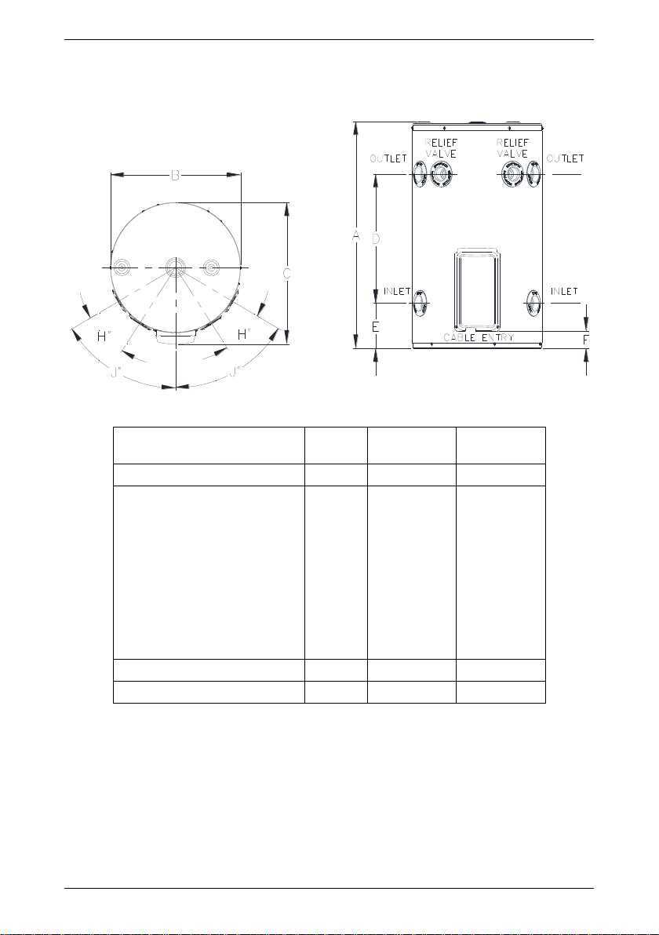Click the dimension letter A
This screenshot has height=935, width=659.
pyautogui.click(x=355, y=235)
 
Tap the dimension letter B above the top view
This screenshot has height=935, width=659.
pyautogui.click(x=175, y=175)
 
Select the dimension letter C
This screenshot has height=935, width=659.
pyautogui.click(x=287, y=273)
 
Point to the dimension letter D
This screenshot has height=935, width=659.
pyautogui.click(x=376, y=238)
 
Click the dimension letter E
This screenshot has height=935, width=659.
pyautogui.click(x=376, y=327)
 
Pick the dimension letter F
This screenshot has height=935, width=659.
pyautogui.click(x=585, y=340)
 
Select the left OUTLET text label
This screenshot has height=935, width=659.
pyautogui.click(x=388, y=158)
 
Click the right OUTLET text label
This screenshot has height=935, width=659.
pyautogui.click(x=566, y=158)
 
